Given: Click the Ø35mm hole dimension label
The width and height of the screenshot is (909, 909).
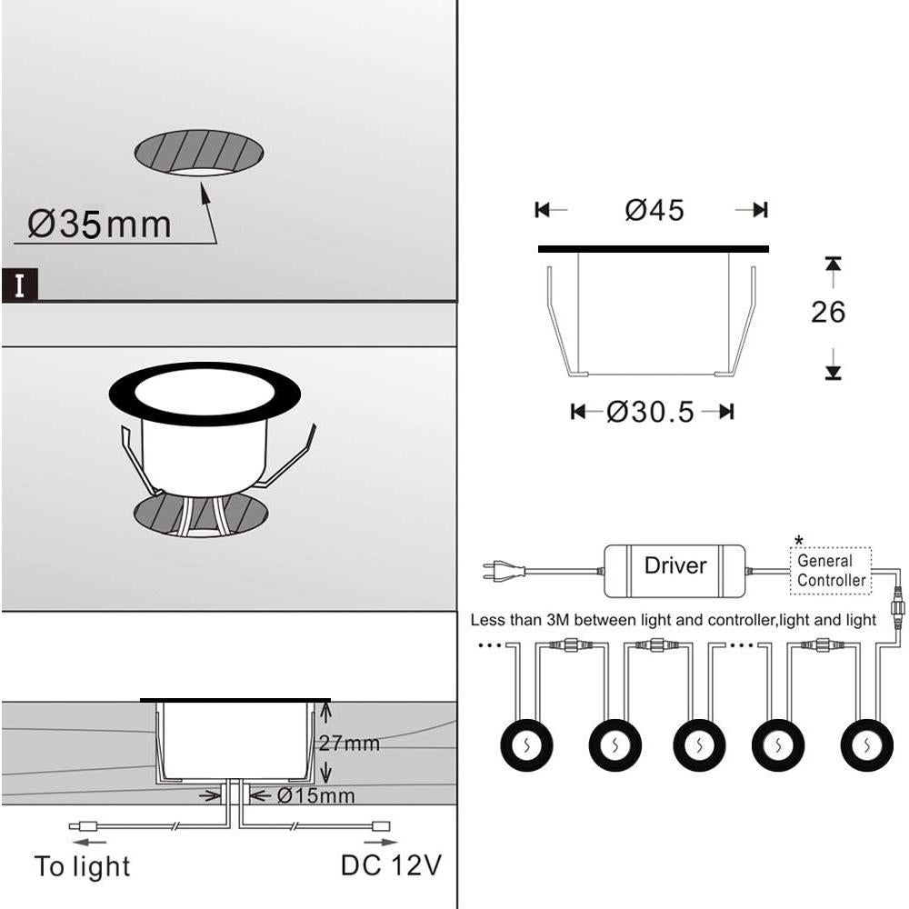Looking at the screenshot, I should [x=99, y=224].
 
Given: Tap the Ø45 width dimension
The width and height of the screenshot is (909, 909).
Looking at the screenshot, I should [x=654, y=210].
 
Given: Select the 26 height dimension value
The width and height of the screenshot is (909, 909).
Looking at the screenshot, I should [x=827, y=312].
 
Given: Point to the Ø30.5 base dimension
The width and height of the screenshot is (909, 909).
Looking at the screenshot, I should [x=650, y=412].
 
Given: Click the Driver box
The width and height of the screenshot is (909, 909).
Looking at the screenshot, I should [x=674, y=566].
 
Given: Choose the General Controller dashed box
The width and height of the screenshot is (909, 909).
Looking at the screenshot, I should [x=832, y=571].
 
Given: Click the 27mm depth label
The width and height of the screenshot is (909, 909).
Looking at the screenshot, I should [x=349, y=744].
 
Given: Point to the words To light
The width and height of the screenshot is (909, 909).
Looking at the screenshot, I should [x=82, y=866].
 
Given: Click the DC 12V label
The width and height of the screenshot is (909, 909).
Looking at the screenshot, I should [x=391, y=864].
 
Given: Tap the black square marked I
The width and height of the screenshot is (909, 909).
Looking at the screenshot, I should [x=20, y=285].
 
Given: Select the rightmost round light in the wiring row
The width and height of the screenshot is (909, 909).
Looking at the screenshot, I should [x=865, y=745].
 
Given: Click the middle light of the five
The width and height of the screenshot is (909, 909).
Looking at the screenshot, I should [x=699, y=745].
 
